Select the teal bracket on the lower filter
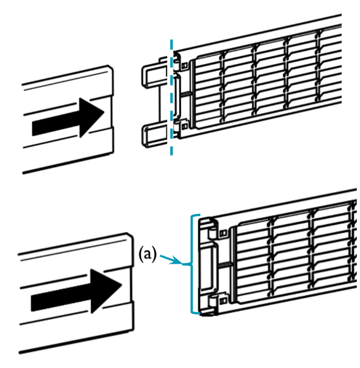(192, 265)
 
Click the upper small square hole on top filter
(185, 65)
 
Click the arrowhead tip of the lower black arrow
(122, 285)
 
